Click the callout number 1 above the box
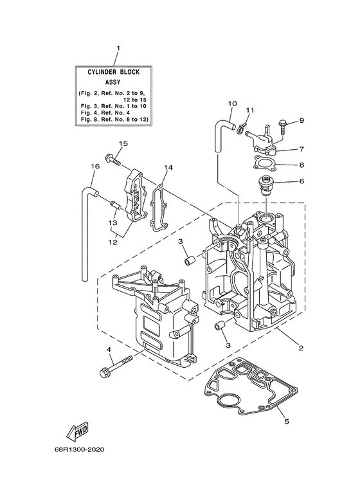[x=118, y=48]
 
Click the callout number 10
[x=232, y=103]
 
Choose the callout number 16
[x=94, y=167]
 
